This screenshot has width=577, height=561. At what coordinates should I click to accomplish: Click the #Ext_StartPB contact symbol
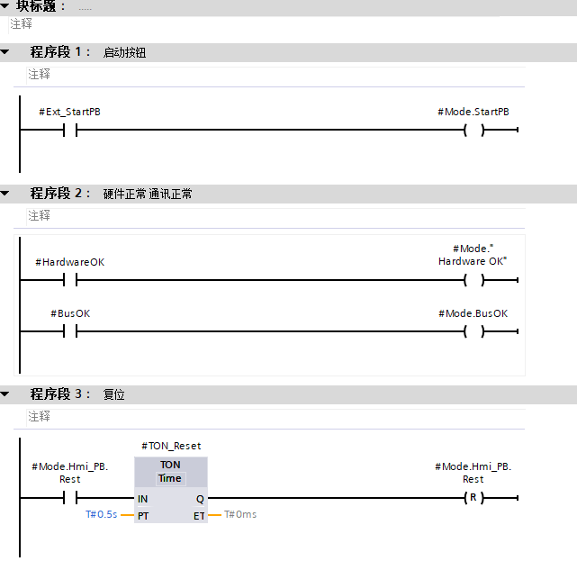70,130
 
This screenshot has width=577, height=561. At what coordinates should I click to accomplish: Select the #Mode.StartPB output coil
473,130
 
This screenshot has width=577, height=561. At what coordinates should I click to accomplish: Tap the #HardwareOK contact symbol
70,280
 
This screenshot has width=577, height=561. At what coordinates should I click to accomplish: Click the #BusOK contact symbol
70,331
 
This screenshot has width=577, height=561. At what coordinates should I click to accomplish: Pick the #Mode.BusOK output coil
473,331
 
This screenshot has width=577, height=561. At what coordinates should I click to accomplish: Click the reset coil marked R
473,498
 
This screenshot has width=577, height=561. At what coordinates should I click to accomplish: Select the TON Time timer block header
170,471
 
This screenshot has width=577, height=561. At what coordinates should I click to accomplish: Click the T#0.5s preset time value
102,515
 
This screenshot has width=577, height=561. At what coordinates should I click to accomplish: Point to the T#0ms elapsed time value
240,515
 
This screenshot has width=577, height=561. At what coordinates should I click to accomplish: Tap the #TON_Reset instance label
171,446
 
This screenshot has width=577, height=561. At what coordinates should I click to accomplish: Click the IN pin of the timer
143,499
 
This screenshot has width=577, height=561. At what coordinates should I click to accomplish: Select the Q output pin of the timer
199,499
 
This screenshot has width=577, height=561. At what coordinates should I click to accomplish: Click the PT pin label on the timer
143,515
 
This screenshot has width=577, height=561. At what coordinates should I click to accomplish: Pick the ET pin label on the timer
198,515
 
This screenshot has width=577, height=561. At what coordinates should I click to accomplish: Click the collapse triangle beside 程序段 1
5,52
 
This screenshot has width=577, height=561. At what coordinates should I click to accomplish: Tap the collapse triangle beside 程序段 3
5,394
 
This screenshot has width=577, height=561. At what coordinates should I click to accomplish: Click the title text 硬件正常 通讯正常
148,194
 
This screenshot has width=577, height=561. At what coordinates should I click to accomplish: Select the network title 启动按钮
124,52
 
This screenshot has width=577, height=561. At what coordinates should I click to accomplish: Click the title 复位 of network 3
113,394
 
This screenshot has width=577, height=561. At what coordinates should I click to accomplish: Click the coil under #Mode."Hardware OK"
473,280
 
